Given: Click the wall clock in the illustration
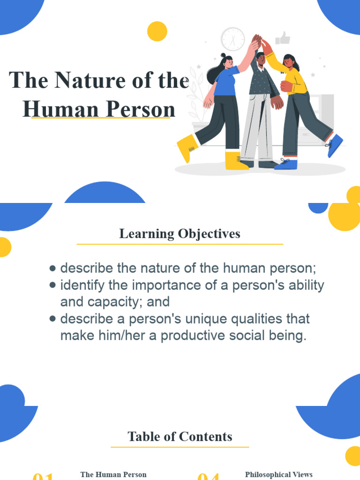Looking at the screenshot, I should coord(232,39).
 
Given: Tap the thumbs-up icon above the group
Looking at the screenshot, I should coord(283,38).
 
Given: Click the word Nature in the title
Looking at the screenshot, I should coord(99,80).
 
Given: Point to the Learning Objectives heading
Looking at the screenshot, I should coord(180,233).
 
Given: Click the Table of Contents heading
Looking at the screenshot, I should coord(180,437).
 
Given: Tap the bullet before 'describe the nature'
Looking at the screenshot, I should coord(53,269).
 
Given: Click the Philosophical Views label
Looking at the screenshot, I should coord(278,475).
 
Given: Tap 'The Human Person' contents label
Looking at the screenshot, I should coord(113,475).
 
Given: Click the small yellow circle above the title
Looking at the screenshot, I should coord(157,31).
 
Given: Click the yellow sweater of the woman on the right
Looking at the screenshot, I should coord(295,77).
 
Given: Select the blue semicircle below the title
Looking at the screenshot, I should coord(105,193).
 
